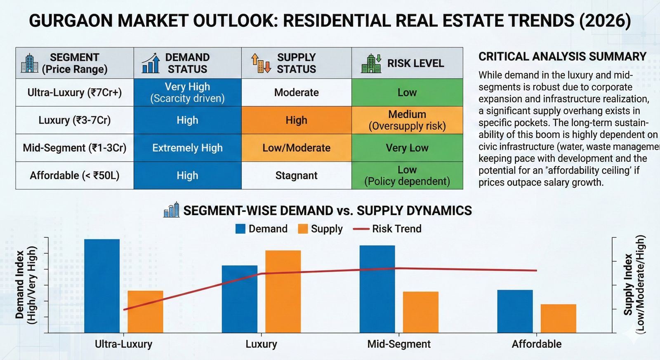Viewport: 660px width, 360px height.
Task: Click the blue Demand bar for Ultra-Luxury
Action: pyautogui.click(x=102, y=285)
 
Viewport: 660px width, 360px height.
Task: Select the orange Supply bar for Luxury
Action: pyautogui.click(x=283, y=291)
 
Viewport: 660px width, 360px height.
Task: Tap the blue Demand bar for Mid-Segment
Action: pyautogui.click(x=377, y=289)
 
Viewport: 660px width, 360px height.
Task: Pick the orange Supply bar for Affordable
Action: pyautogui.click(x=558, y=318)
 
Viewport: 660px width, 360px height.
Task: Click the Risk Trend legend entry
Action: pyautogui.click(x=387, y=229)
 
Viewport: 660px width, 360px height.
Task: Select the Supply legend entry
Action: pyautogui.click(x=321, y=229)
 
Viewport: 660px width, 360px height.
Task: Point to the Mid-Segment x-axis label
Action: pyautogui.click(x=399, y=344)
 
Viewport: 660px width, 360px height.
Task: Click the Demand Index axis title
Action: pyautogui.click(x=26, y=285)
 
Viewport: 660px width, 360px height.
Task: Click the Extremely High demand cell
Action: pyautogui.click(x=187, y=148)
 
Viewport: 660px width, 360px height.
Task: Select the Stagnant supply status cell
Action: pyautogui.click(x=296, y=175)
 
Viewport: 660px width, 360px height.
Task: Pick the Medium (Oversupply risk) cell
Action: pyautogui.click(x=407, y=120)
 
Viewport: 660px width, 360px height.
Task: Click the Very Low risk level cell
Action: pyautogui.click(x=407, y=148)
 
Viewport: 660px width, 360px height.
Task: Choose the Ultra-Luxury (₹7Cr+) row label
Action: pyautogui.click(x=75, y=92)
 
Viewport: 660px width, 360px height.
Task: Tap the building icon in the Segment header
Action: pyautogui.click(x=30, y=63)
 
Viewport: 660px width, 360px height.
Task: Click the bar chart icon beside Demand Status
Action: pyautogui.click(x=151, y=63)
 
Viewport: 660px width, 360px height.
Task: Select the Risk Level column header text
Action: pyautogui.click(x=415, y=63)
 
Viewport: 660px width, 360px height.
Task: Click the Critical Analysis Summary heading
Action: pyautogui.click(x=562, y=56)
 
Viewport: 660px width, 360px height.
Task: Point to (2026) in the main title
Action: pyautogui.click(x=604, y=21)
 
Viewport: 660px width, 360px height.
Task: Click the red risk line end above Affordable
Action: pyautogui.click(x=536, y=271)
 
